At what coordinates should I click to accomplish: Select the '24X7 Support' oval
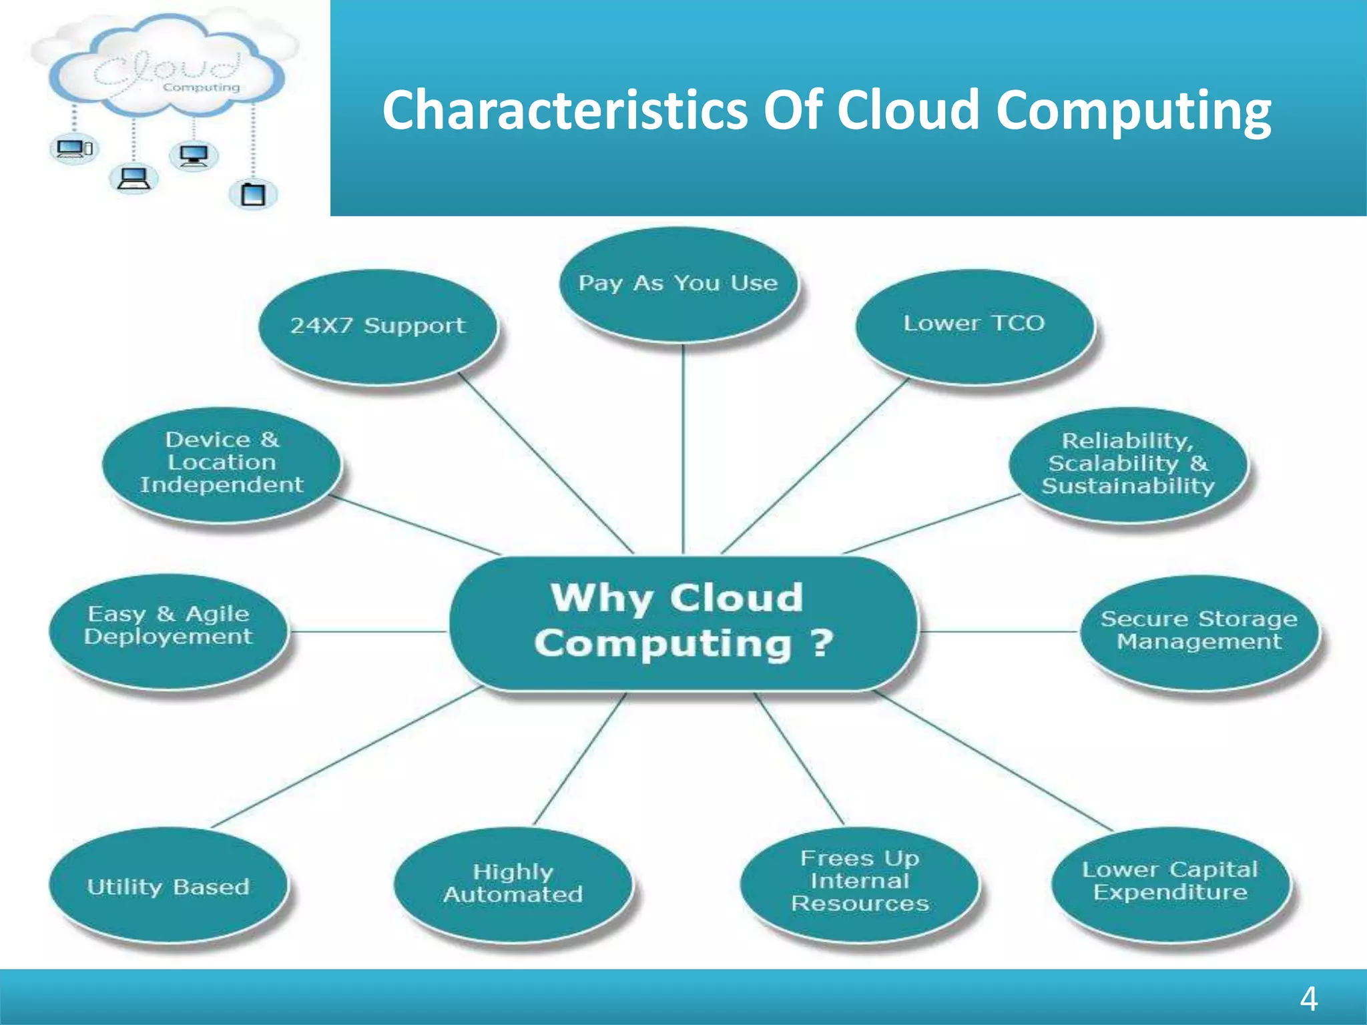pyautogui.click(x=378, y=326)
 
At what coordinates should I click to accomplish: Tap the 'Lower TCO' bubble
pyautogui.click(x=974, y=325)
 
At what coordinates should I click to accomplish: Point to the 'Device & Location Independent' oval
pyautogui.click(x=222, y=463)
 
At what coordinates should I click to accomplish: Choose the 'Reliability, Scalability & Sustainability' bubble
pyautogui.click(x=1128, y=464)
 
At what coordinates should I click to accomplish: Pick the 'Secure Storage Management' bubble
pyautogui.click(x=1199, y=631)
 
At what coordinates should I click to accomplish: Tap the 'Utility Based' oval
pyautogui.click(x=168, y=886)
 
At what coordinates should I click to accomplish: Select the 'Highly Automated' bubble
pyautogui.click(x=513, y=884)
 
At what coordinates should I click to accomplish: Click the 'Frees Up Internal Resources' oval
pyautogui.click(x=860, y=882)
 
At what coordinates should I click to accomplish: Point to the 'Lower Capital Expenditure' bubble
pyautogui.click(x=1170, y=882)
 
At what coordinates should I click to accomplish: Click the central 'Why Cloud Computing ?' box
pyautogui.click(x=681, y=622)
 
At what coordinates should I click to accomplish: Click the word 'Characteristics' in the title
pyautogui.click(x=565, y=111)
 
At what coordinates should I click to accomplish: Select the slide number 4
pyautogui.click(x=1308, y=999)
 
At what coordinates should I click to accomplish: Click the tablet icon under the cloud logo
pyautogui.click(x=253, y=194)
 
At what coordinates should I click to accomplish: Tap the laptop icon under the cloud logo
pyautogui.click(x=133, y=179)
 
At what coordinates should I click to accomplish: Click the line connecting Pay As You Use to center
pyautogui.click(x=683, y=447)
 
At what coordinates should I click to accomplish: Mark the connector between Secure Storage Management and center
pyautogui.click(x=999, y=631)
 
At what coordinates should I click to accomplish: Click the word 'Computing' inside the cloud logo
pyautogui.click(x=201, y=87)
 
